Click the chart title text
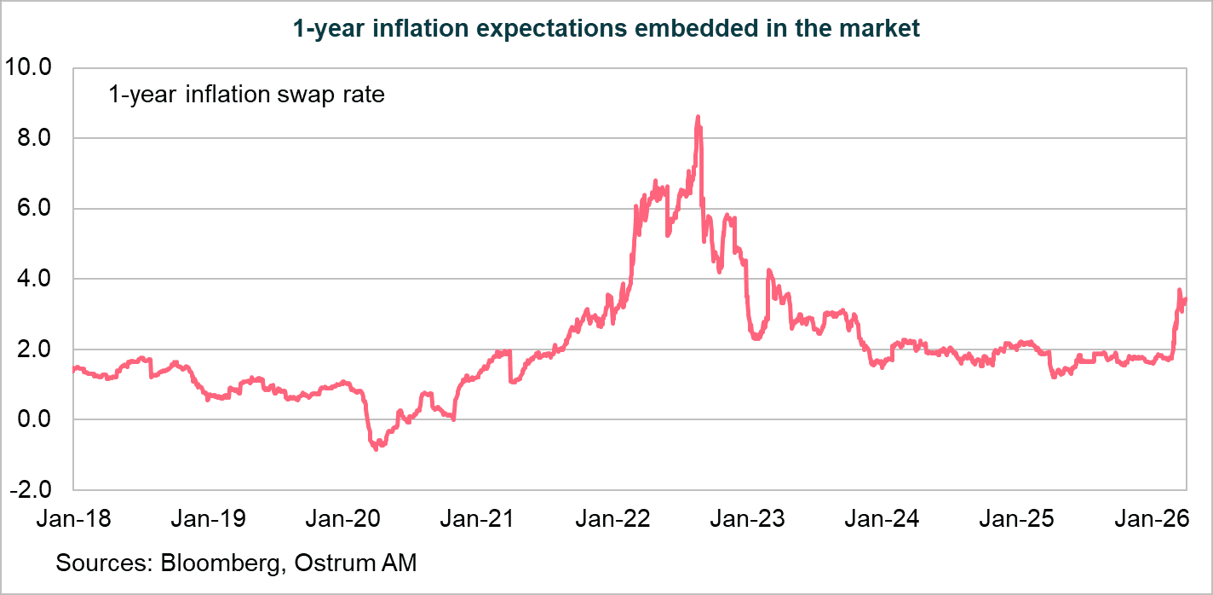point(606,28)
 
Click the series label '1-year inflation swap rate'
point(246,95)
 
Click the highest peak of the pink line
point(698,117)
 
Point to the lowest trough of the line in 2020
point(377,448)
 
